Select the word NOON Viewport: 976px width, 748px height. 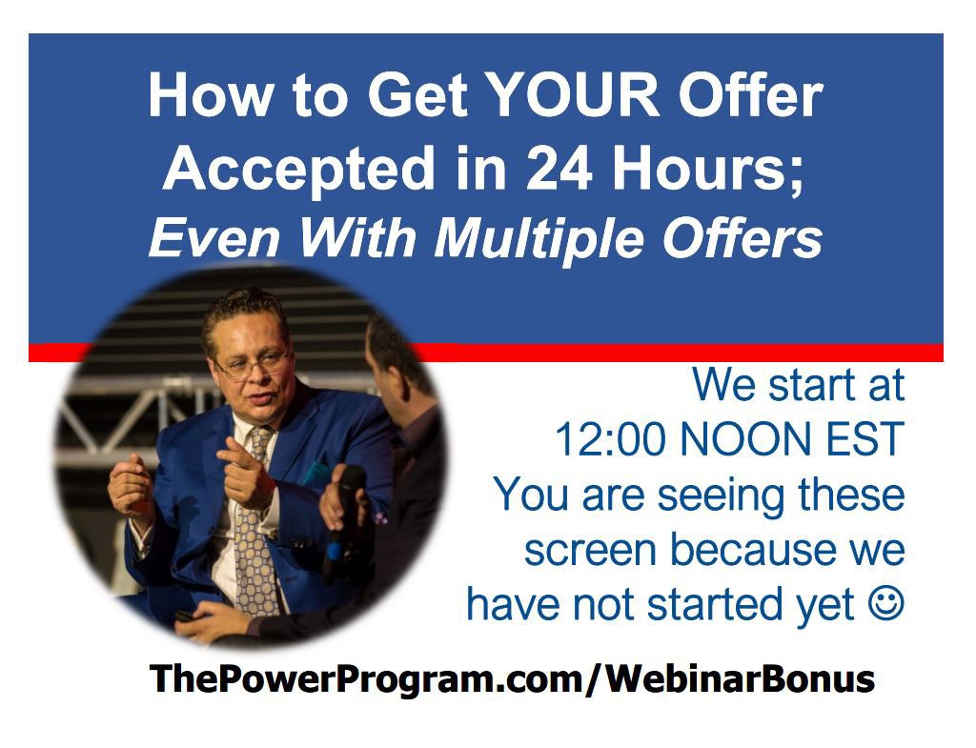744,439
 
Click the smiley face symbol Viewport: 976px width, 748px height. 885,603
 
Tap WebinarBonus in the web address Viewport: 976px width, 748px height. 741,678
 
